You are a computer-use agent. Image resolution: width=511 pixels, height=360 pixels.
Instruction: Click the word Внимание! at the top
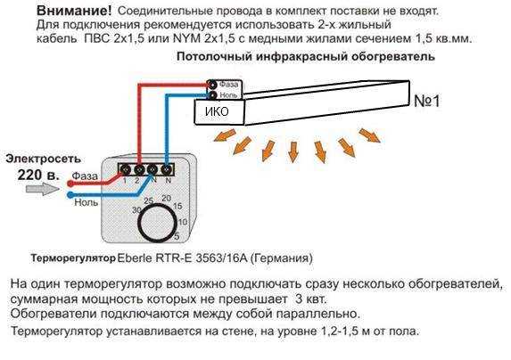[x=74, y=11]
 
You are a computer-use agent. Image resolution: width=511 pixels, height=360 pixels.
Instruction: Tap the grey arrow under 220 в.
[x=43, y=189]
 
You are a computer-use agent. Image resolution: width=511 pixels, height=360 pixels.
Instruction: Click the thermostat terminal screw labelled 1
[x=125, y=169]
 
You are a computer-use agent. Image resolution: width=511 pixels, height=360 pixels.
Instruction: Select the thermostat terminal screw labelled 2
[x=139, y=169]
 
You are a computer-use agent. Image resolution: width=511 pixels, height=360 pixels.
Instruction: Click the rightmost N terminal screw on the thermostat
[x=167, y=169]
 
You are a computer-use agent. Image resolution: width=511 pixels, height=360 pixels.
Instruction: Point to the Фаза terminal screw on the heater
[x=212, y=85]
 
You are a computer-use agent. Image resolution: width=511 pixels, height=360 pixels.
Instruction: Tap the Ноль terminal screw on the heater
[x=212, y=95]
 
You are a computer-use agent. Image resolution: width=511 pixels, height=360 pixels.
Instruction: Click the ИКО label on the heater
[x=217, y=111]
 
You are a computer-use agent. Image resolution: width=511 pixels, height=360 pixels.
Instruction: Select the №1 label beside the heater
[x=427, y=101]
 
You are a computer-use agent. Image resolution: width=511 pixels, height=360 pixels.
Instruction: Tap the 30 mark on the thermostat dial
[x=136, y=210]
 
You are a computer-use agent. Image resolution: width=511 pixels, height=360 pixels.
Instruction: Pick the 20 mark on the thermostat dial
[x=166, y=198]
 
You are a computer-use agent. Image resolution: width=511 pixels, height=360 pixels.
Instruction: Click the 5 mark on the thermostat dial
[x=177, y=236]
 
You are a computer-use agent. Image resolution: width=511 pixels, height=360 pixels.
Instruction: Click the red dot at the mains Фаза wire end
[x=70, y=184]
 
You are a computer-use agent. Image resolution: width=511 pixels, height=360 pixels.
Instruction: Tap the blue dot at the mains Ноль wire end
[x=70, y=195]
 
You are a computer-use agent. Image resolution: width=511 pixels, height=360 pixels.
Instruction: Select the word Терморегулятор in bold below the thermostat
[x=73, y=258]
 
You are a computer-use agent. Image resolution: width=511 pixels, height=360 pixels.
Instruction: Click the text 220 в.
[x=38, y=176]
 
